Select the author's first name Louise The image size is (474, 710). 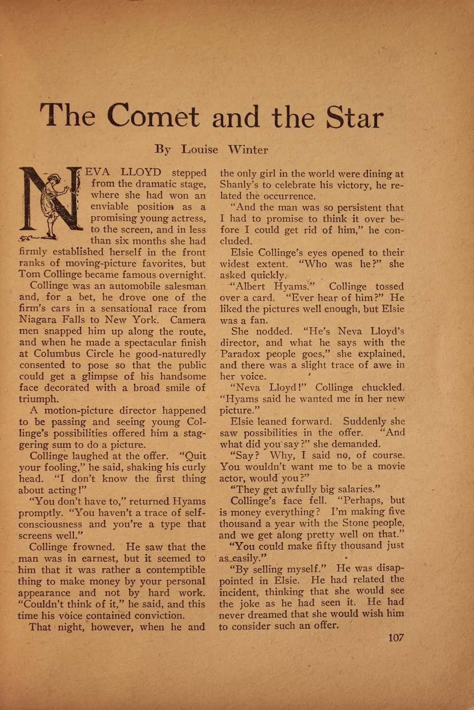(x=200, y=150)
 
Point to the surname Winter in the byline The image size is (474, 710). (x=247, y=150)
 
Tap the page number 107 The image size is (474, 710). (x=395, y=638)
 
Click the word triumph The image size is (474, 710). (x=37, y=399)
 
